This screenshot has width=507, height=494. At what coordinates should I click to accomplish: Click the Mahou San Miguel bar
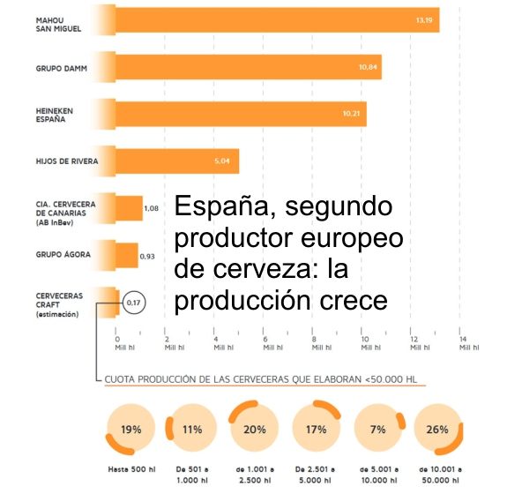pos(278,19)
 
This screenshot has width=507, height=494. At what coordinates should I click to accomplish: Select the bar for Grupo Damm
pos(249,66)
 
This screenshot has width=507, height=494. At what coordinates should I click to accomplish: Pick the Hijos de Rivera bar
pos(177,161)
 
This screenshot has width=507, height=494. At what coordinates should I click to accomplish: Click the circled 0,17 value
pos(135,303)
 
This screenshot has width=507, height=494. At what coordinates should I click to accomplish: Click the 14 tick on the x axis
pos(462,342)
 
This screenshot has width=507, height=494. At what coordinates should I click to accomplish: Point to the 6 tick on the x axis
pos(265,342)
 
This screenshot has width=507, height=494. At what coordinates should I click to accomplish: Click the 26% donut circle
pos(437,430)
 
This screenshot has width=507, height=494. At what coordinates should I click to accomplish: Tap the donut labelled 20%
pos(255,430)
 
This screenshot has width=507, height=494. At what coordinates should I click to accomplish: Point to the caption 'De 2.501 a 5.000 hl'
pos(315,474)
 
